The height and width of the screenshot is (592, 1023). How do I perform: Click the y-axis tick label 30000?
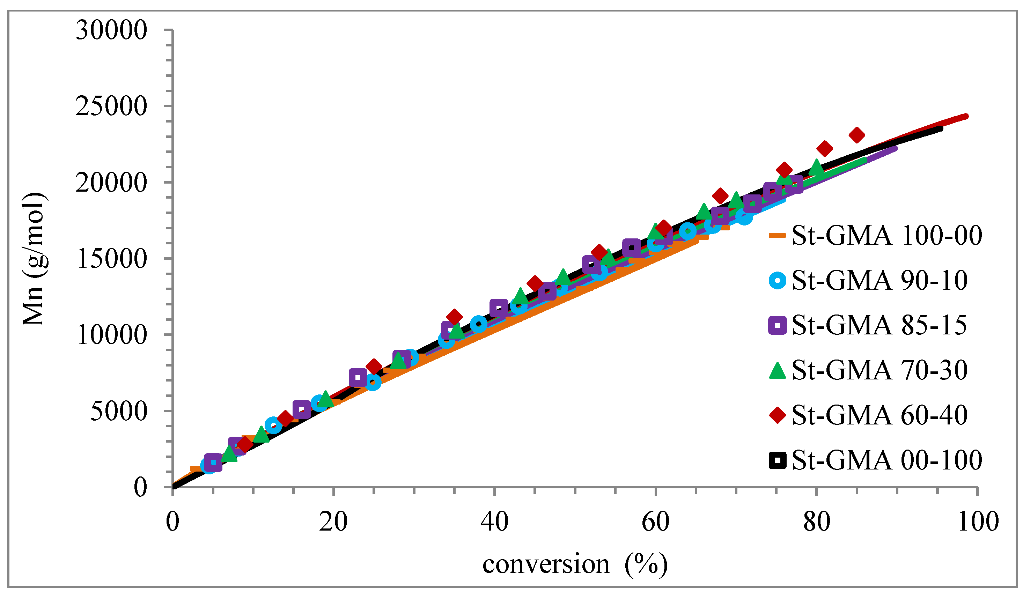111,30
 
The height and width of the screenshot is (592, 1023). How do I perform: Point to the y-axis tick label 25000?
111,106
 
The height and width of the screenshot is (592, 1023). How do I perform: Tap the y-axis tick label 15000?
111,259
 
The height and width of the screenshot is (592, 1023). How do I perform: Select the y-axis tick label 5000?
118,412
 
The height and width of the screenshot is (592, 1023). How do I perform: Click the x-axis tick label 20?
333,522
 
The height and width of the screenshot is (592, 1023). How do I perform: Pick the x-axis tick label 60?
655,522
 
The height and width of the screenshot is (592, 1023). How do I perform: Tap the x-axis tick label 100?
978,522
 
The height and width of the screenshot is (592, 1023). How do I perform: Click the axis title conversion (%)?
575,564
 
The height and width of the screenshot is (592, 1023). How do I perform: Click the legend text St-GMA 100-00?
886,235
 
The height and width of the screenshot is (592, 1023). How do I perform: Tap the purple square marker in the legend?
778,325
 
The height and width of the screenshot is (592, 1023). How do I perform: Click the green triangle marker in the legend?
778,370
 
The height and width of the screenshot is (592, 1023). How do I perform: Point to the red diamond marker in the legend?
778,415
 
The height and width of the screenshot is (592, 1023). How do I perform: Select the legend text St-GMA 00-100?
886,460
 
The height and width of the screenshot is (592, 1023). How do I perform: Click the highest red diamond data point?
856,135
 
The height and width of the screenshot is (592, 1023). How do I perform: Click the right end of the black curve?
941,128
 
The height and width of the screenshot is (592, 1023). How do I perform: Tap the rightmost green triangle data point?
817,167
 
